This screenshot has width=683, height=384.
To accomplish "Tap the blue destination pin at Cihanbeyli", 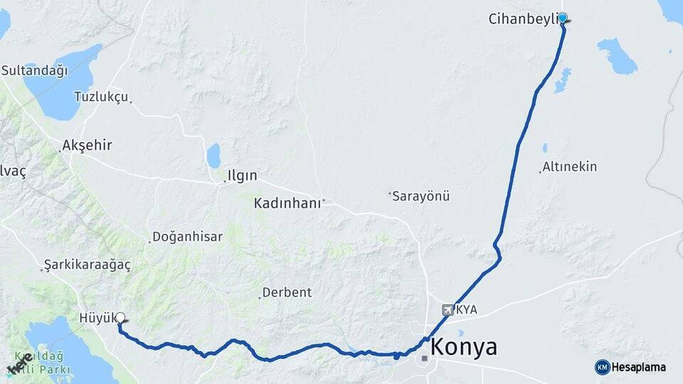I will tap(563, 18).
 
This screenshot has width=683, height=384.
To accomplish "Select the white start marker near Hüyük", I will tap(120, 318).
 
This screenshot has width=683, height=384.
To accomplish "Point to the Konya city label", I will tap(464, 348).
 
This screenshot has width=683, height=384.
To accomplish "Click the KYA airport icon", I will tap(448, 310).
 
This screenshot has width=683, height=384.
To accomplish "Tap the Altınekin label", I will tap(569, 167).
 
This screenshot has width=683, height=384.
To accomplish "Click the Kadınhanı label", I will tap(288, 203).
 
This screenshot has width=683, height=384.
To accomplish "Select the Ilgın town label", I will tap(242, 176).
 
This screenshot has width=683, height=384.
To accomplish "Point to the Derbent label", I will tap(287, 292).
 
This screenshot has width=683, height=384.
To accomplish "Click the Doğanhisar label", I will tap(188, 237).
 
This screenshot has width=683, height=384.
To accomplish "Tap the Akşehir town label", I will tap(87, 146).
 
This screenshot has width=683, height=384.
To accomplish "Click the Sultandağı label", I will tap(34, 70).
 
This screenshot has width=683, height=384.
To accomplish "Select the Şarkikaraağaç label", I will tap(87, 265).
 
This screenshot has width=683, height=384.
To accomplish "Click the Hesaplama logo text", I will tap(639, 367).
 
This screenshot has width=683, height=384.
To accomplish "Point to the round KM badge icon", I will tap(602, 367).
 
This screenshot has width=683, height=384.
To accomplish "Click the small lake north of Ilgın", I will tap(213, 155).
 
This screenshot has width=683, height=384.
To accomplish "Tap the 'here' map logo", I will tap(20, 363).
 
